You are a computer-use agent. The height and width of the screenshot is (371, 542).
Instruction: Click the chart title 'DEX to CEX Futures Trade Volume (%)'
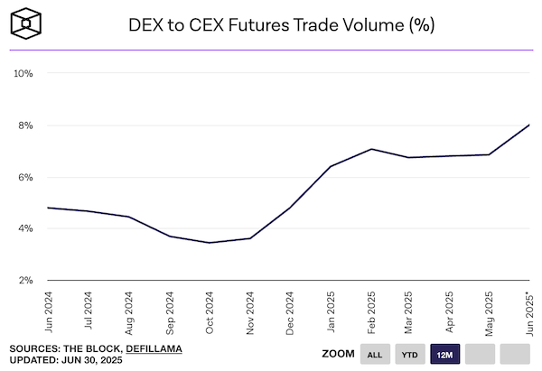click(291, 25)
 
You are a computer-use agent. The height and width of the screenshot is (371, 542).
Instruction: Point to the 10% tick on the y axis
click(22, 72)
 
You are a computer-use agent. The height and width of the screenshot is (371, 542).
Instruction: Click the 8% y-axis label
click(24, 125)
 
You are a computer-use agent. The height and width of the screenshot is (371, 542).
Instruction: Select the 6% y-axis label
click(24, 177)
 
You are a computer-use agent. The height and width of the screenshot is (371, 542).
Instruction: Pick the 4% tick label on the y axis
click(24, 228)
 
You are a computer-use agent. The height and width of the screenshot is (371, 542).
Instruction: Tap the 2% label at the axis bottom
click(24, 280)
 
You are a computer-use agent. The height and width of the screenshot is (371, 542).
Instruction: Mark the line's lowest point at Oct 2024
click(209, 243)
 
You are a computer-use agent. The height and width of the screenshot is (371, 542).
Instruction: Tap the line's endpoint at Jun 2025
click(529, 125)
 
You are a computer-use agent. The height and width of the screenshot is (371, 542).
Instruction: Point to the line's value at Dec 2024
click(289, 209)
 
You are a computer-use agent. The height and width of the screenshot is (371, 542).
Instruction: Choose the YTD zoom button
click(410, 354)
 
